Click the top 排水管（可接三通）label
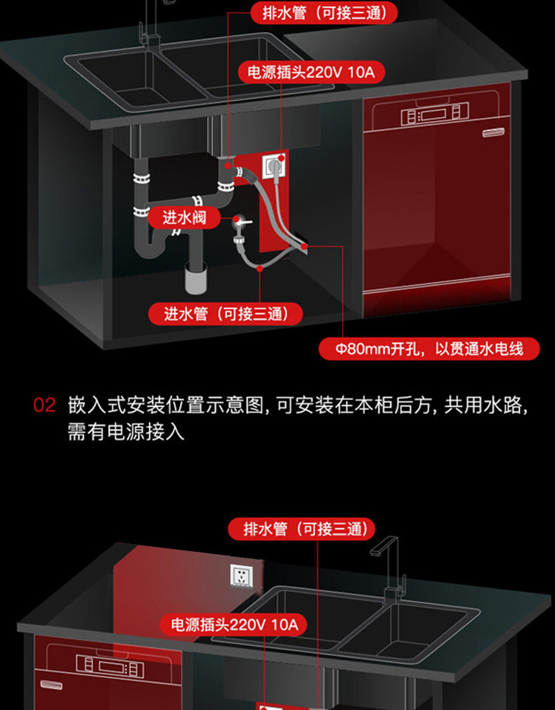pyautogui.click(x=323, y=12)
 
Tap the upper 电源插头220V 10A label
pyautogui.click(x=311, y=72)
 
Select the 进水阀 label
pyautogui.click(x=184, y=217)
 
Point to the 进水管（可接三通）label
pyautogui.click(x=225, y=314)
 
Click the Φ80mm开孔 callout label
pyautogui.click(x=429, y=349)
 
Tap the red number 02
pyautogui.click(x=44, y=406)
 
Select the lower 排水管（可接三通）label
pyautogui.click(x=301, y=529)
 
